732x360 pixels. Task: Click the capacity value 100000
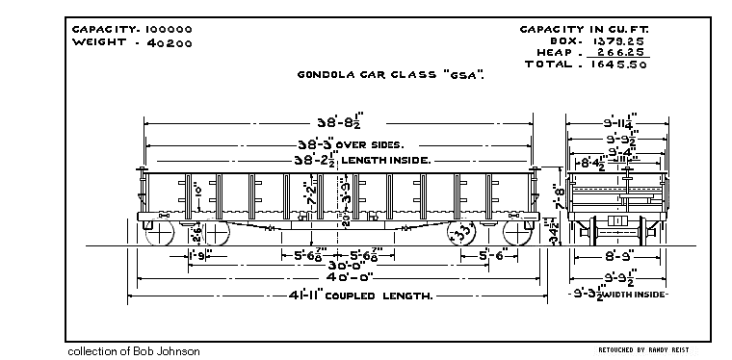pos(163,29)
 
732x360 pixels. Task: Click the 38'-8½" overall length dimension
pos(337,123)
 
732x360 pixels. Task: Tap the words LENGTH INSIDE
pos(386,160)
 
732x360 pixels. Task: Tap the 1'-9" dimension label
pos(199,255)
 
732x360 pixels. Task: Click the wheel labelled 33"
pos(465,233)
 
